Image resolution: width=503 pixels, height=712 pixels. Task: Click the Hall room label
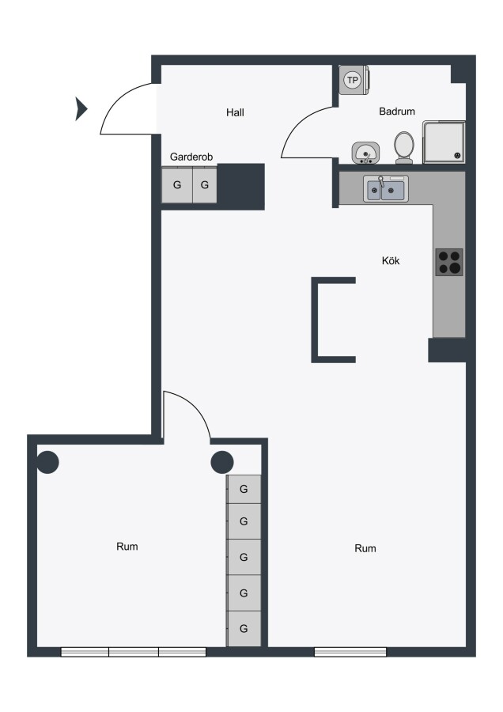tap(235, 112)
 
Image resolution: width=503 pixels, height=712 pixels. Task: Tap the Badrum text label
tap(397, 112)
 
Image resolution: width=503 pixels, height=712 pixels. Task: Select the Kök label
tap(391, 260)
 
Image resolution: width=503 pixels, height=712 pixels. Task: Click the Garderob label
tap(191, 157)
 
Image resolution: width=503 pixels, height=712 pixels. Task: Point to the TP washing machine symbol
tap(354, 81)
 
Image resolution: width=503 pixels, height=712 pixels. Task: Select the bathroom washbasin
tap(366, 153)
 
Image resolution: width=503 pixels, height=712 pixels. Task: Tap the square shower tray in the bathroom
tap(444, 142)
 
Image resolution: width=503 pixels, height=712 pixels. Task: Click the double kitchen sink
tap(386, 188)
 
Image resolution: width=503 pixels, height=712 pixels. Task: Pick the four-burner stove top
tap(449, 262)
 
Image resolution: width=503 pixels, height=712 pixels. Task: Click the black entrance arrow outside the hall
tap(81, 109)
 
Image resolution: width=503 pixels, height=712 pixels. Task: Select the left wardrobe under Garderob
tap(177, 185)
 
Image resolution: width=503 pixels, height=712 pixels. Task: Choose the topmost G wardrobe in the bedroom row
tap(244, 489)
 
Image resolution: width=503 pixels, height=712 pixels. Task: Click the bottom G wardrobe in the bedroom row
tap(244, 628)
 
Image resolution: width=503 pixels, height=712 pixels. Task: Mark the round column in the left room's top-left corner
tap(47, 462)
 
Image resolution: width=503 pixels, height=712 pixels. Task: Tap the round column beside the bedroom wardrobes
tap(222, 462)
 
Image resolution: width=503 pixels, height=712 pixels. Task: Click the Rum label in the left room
tap(127, 546)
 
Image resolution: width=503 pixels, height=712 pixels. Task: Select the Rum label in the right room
tap(365, 548)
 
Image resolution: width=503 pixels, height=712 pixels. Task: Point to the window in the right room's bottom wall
tap(350, 652)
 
